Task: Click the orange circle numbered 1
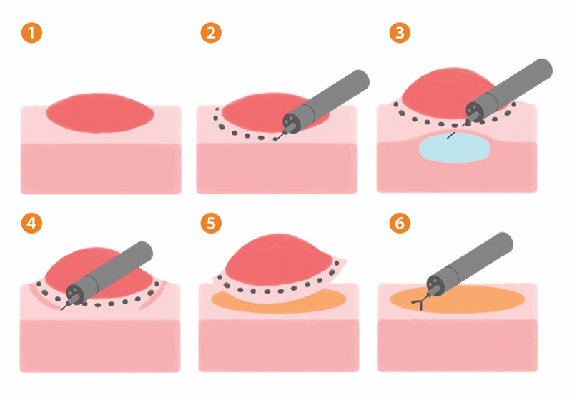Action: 31,33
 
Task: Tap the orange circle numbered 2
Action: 211,33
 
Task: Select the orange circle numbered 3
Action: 400,33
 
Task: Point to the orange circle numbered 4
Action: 31,223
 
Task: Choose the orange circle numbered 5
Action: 211,223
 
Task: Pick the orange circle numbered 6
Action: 400,223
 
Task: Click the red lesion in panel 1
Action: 100,113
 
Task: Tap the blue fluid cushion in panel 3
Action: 455,147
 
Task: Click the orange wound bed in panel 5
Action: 279,301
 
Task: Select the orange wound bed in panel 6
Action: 457,299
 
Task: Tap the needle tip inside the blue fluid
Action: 448,139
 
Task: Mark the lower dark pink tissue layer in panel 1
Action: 101,169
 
